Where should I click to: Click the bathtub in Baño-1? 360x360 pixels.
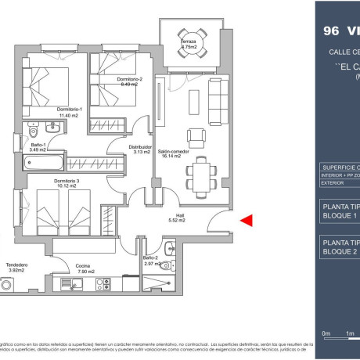(x=41, y=164)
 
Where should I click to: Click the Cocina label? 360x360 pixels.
(x=83, y=265)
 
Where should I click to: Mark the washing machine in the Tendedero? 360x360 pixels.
(x=9, y=286)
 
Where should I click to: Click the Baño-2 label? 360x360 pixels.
(x=152, y=257)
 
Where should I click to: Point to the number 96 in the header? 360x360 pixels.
(x=331, y=32)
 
